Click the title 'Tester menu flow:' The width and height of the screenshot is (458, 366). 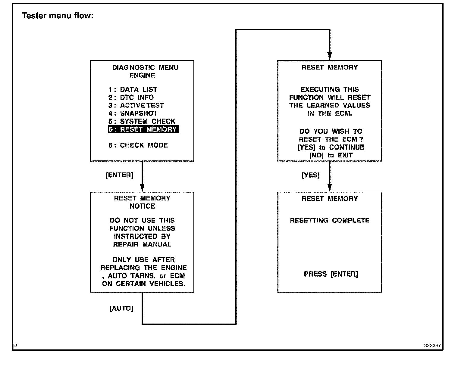58,16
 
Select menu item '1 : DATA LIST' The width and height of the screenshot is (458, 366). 133,89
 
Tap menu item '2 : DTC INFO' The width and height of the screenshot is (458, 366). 131,98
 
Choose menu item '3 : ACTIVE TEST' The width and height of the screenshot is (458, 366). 136,105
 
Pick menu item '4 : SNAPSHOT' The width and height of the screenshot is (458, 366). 133,113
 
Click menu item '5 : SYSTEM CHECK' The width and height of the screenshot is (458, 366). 142,121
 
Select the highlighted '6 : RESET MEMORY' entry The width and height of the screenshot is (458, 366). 143,129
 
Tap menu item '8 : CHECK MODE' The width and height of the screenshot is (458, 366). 138,145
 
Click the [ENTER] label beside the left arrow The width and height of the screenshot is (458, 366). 119,175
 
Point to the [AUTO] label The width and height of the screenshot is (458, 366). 121,309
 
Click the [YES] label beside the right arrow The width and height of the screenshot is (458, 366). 310,175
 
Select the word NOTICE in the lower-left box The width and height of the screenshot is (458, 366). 142,206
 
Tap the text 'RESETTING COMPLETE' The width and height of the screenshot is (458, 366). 330,220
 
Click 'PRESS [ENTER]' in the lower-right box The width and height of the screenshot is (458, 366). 331,274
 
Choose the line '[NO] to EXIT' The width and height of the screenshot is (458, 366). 331,155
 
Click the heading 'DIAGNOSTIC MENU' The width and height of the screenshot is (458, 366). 145,67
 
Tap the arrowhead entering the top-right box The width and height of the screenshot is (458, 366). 330,56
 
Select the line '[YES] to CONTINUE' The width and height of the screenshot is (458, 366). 331,147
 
